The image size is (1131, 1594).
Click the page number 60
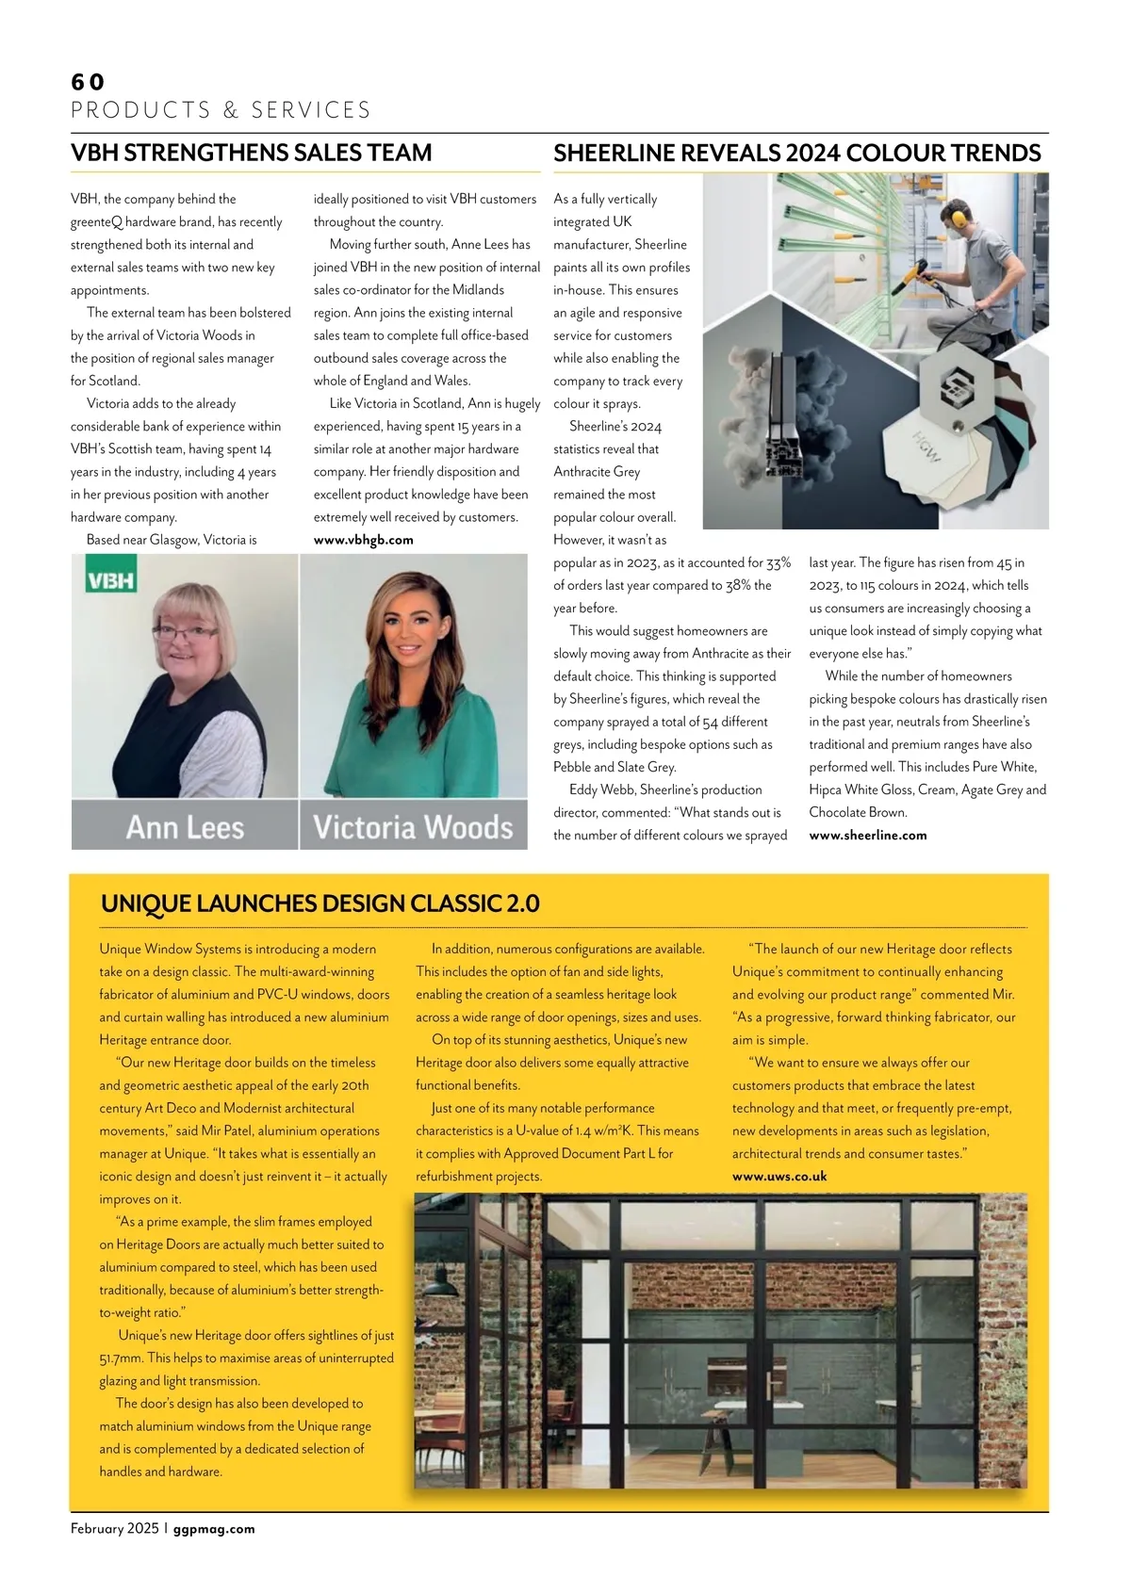coord(88,82)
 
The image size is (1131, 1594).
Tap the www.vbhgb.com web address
coord(363,540)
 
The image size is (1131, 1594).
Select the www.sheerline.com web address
coord(867,835)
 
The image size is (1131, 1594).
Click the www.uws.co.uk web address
coord(779,1176)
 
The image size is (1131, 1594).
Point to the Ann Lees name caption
coord(185,827)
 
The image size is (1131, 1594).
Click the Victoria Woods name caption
coord(413,827)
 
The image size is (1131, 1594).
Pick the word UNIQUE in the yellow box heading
coord(144,903)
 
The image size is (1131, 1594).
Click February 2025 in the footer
coord(114,1528)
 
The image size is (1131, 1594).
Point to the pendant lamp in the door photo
coord(437,1280)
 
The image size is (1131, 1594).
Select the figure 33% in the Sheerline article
coord(779,562)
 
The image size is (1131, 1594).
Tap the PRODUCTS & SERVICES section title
coord(221,110)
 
